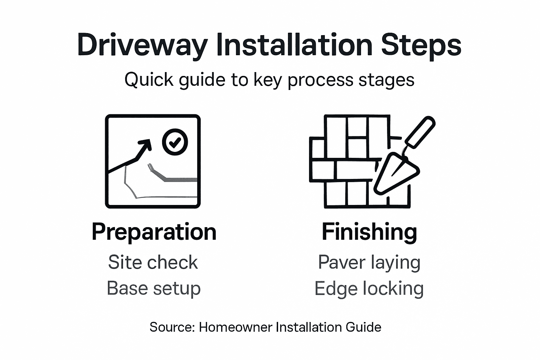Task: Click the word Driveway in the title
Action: pyautogui.click(x=142, y=45)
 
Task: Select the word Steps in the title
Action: pyautogui.click(x=421, y=45)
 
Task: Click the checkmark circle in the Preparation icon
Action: pyautogui.click(x=175, y=142)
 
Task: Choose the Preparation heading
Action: pyautogui.click(x=154, y=232)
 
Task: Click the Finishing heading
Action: pyautogui.click(x=369, y=232)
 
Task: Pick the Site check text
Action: pyautogui.click(x=153, y=262)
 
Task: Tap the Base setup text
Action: pyautogui.click(x=154, y=289)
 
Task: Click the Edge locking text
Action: pyautogui.click(x=369, y=289)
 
